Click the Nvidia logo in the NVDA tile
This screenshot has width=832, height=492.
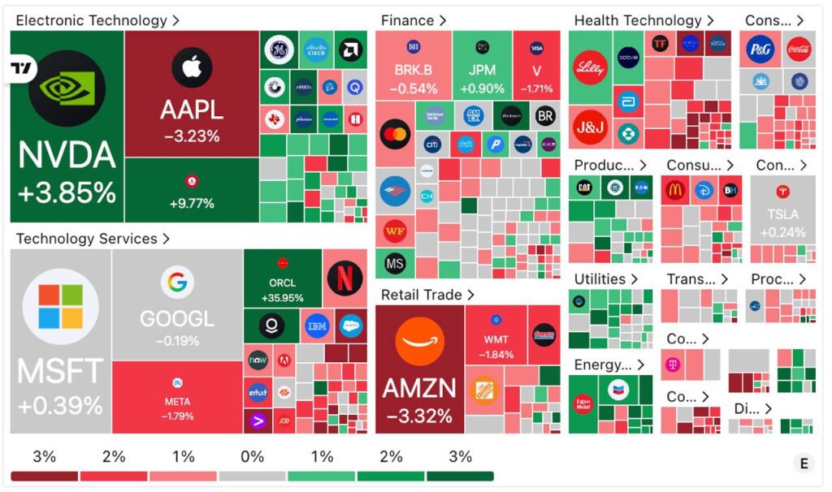67,88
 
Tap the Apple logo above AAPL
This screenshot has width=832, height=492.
192,67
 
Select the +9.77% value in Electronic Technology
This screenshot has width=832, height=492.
192,203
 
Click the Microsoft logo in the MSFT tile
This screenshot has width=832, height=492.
61,308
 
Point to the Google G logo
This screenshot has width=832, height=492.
177,283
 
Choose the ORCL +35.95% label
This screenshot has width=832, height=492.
282,291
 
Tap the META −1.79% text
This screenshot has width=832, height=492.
177,408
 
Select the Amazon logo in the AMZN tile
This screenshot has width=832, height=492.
419,341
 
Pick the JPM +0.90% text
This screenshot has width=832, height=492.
482,80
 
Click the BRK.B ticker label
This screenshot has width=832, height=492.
414,71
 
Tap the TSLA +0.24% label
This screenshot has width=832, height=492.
782,223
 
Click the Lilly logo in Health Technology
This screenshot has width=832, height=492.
590,68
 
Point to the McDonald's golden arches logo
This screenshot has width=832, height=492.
675,191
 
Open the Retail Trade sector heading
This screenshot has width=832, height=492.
427,295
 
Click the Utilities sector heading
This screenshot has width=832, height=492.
606,279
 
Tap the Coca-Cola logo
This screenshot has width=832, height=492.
797,50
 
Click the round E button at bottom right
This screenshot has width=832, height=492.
804,464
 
